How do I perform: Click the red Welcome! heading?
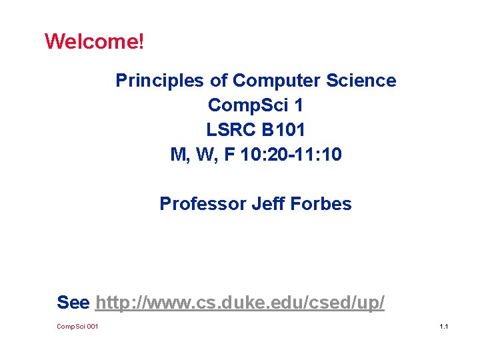coord(93,42)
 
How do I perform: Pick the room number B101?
coord(284,130)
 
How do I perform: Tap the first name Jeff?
coord(267,204)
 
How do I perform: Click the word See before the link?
coord(73,303)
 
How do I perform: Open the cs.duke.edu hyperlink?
coord(240,303)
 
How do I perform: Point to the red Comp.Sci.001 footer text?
coord(77,327)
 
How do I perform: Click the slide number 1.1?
coord(443,327)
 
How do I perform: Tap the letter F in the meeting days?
coord(230,155)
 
